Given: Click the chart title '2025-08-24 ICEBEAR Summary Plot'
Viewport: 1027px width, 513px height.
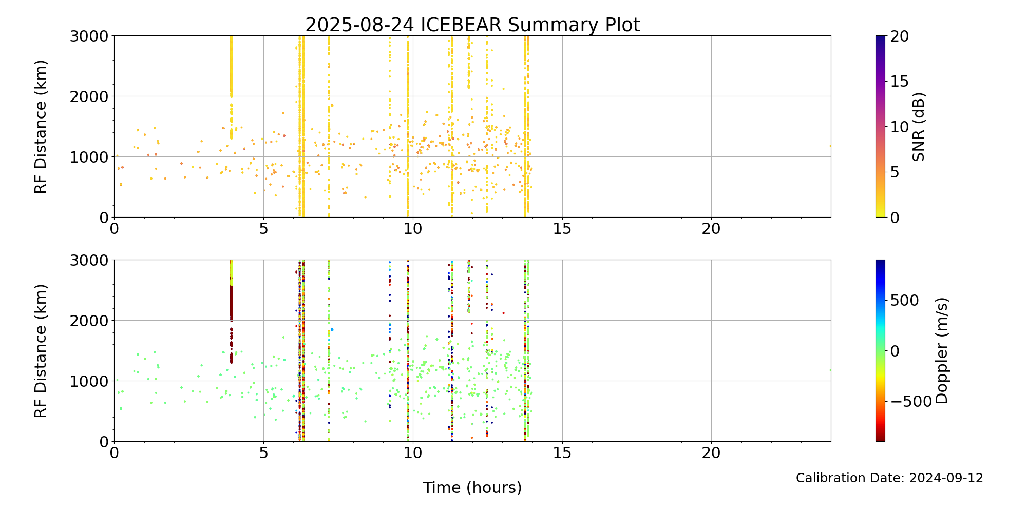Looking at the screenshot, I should (472, 25).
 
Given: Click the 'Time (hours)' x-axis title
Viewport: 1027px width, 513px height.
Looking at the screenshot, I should (472, 487).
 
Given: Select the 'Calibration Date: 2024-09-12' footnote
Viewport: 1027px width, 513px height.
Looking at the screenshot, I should (889, 478).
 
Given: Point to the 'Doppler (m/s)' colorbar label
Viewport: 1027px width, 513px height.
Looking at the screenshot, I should (941, 350).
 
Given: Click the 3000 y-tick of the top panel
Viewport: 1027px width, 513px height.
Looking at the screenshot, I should (89, 36).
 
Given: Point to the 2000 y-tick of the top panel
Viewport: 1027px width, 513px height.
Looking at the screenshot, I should (89, 96).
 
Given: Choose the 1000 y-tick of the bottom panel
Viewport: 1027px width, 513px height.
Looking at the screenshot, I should (89, 381).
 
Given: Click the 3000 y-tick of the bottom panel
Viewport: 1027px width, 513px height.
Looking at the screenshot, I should (89, 260).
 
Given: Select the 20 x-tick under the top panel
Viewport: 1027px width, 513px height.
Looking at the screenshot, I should (711, 229).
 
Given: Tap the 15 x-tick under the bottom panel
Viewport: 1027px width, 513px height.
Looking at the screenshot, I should (562, 453).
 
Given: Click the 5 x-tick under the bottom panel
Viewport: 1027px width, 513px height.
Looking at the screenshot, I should (263, 453).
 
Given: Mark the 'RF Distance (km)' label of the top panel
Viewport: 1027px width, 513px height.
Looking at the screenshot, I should (41, 127).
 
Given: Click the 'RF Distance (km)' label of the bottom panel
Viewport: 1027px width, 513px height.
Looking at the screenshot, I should (41, 351).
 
